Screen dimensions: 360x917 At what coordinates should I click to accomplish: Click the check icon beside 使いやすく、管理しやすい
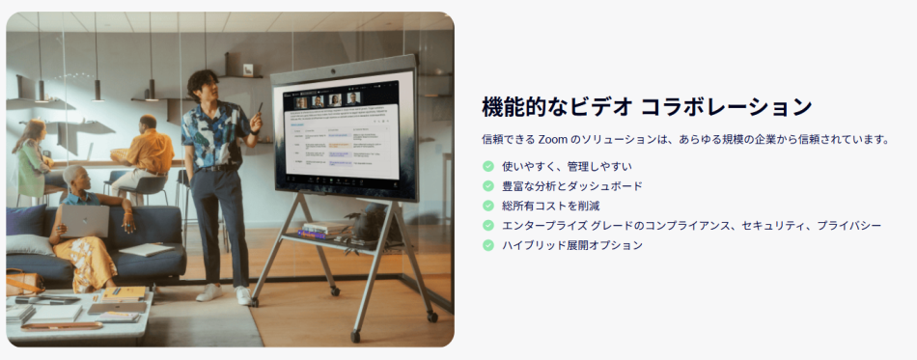click(488, 166)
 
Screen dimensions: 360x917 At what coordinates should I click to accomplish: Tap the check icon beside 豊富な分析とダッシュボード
click(488, 185)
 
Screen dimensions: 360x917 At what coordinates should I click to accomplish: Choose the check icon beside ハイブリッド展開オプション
click(488, 245)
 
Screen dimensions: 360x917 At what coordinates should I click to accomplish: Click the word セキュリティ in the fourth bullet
click(757, 225)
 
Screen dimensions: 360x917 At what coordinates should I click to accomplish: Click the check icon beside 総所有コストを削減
click(488, 206)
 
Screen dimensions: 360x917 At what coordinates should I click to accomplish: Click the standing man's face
click(205, 85)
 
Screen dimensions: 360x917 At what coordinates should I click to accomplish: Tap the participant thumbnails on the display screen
click(328, 98)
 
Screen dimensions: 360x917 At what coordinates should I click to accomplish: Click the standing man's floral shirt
click(214, 135)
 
